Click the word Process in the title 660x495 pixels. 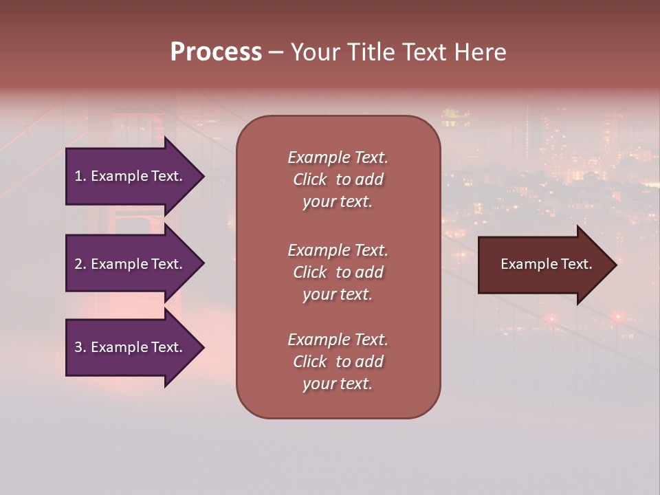(x=216, y=52)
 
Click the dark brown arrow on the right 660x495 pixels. (x=543, y=265)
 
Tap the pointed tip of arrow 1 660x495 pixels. (x=203, y=176)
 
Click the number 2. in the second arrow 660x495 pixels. (x=80, y=264)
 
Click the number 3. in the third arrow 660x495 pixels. (x=80, y=347)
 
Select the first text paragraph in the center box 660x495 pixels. (x=338, y=179)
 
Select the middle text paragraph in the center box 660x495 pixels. (x=338, y=272)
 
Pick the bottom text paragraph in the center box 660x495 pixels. (x=338, y=362)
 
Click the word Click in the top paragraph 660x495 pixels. (x=310, y=179)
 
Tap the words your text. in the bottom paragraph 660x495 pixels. (x=338, y=384)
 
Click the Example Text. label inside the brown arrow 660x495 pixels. (x=546, y=264)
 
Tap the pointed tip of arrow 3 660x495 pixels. (x=203, y=347)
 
